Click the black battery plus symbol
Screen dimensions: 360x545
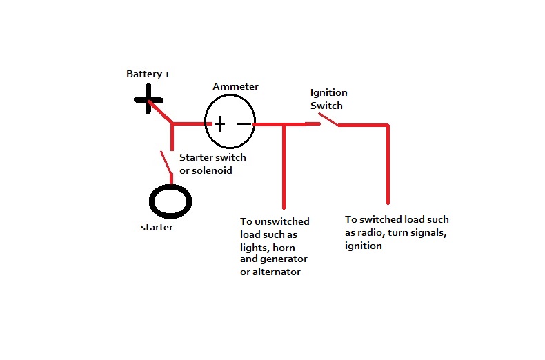point(149,101)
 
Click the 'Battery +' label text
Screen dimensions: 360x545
point(148,74)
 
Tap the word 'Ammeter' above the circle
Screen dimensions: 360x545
point(235,87)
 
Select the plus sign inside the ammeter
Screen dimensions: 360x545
point(219,124)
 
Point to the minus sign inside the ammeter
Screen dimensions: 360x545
point(244,124)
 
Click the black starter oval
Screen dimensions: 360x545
point(170,202)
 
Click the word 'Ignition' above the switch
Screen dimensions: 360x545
point(329,92)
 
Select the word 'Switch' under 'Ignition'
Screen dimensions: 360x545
point(326,105)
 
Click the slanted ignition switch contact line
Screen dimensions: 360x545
point(328,121)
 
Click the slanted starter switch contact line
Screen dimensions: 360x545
point(166,163)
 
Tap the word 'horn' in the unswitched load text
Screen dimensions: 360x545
point(288,246)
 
